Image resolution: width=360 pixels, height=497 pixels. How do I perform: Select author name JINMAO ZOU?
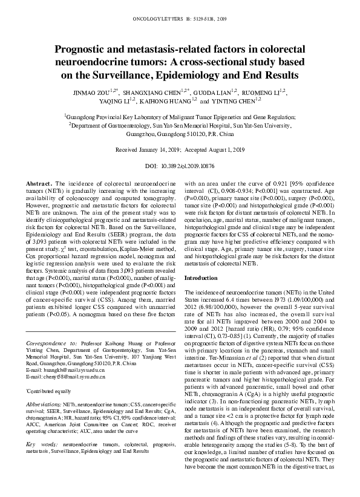(x=91, y=93)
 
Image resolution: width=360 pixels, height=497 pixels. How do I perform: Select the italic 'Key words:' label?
(x=42, y=444)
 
